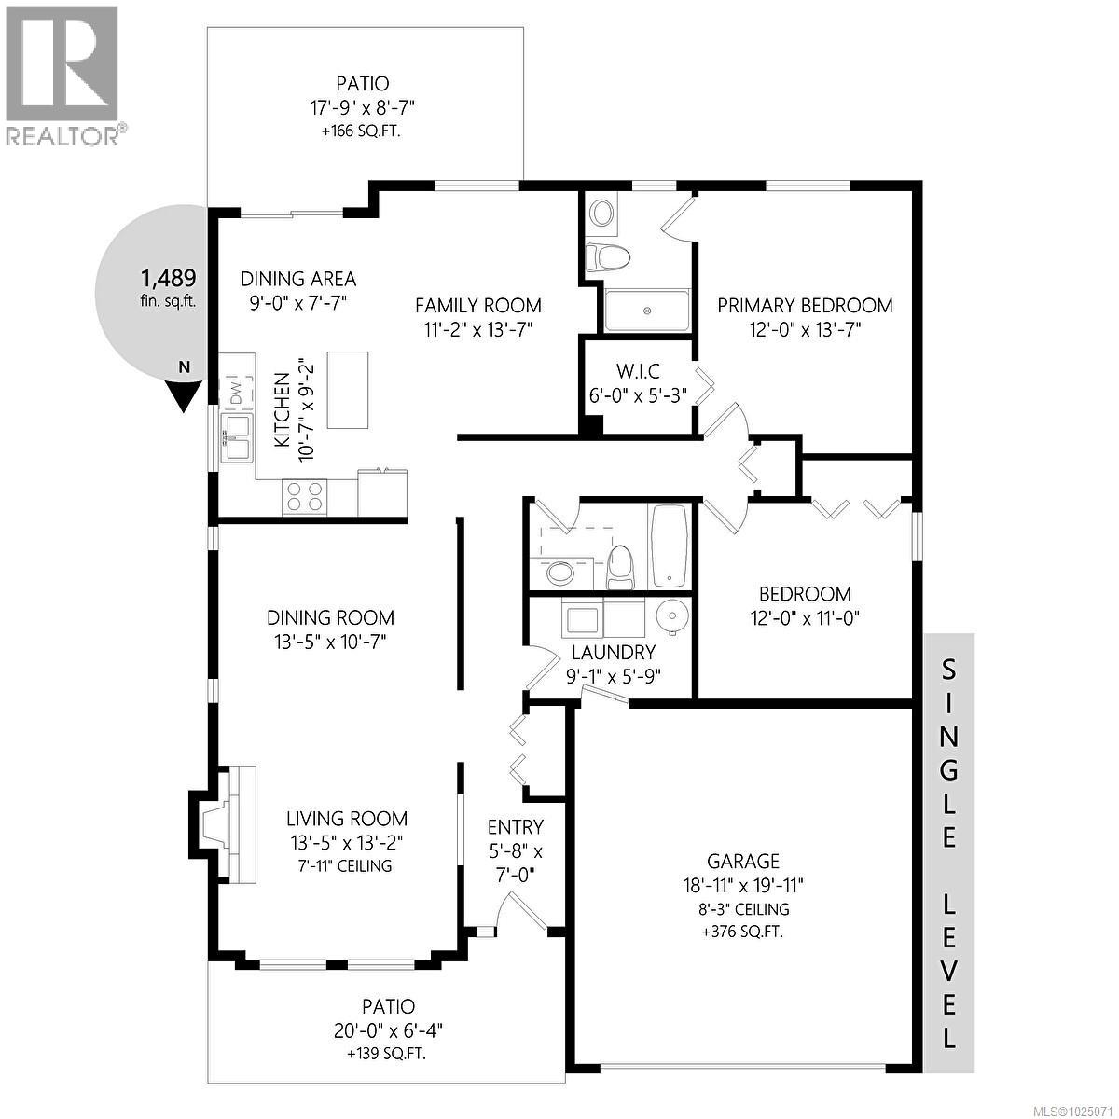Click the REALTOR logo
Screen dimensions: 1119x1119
coord(62,75)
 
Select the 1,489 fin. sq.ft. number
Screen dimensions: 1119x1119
coord(168,277)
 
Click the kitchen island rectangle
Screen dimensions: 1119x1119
coord(347,390)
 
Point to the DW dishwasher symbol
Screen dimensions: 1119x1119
coord(236,390)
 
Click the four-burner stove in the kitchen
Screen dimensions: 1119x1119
coord(304,496)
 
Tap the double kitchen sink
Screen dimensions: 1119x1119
coord(237,437)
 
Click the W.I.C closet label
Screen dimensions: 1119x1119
coord(639,371)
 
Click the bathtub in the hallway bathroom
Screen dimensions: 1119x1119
coord(670,546)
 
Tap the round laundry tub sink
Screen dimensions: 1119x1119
coord(671,615)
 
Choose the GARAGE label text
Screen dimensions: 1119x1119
coord(742,862)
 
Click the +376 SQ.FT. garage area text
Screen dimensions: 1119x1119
coord(742,931)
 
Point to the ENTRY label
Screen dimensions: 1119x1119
coord(516,827)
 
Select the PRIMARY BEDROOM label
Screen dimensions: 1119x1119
coord(804,305)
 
